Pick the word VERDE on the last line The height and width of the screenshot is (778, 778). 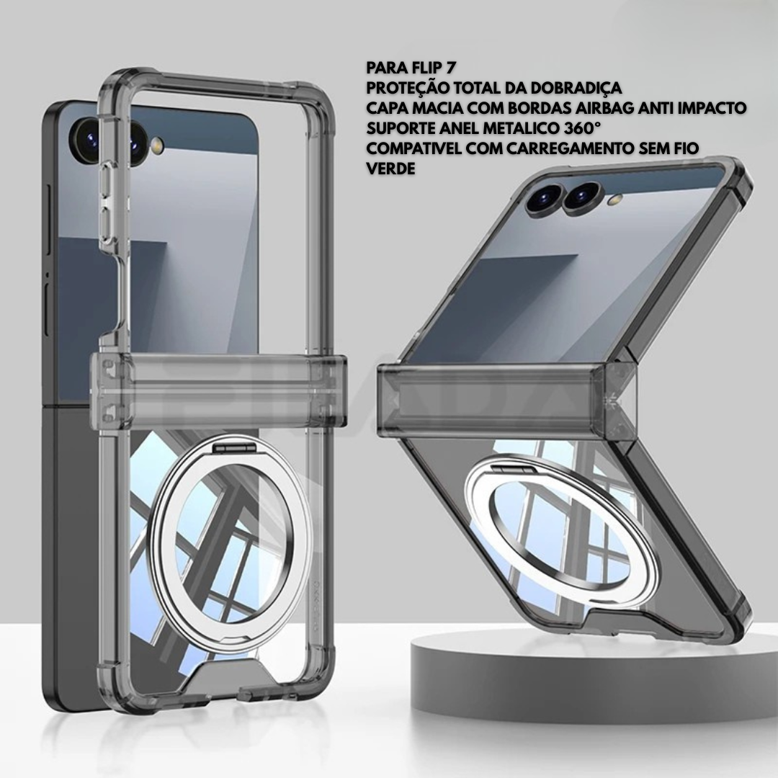(390, 169)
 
